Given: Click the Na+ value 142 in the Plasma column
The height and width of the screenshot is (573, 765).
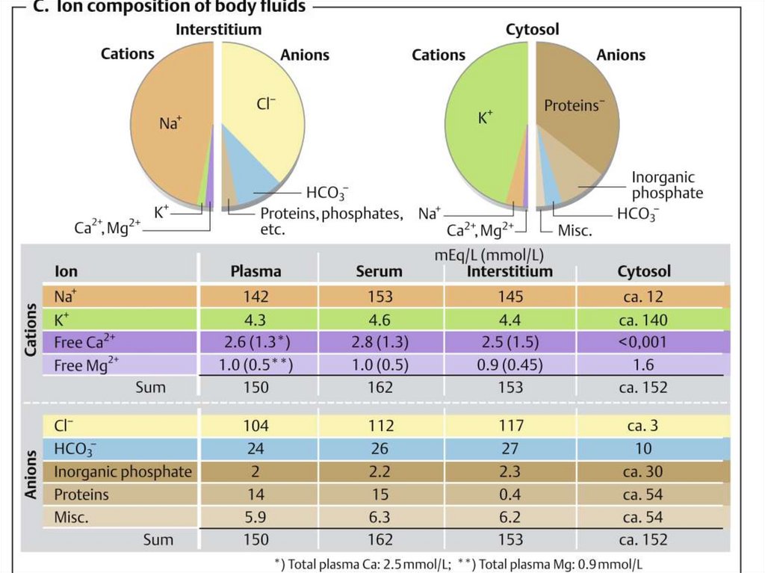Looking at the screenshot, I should (255, 297).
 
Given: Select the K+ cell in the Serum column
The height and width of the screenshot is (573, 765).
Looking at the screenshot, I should (380, 320).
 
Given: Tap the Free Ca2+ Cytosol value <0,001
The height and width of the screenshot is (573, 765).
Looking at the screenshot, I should (643, 342).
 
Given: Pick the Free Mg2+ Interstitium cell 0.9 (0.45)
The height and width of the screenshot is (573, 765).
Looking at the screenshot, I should (510, 365).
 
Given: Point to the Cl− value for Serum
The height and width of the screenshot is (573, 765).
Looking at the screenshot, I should (380, 427).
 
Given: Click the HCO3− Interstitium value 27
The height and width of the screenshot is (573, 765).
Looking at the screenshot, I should (510, 449).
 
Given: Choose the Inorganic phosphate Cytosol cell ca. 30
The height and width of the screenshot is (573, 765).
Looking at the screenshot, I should (643, 472).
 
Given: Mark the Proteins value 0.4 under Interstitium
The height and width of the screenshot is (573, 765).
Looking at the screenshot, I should (510, 495).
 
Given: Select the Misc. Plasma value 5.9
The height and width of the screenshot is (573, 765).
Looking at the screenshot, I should (255, 517).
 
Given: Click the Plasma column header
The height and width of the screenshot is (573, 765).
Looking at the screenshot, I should (255, 271).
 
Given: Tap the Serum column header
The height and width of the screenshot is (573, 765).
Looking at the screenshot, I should (380, 271).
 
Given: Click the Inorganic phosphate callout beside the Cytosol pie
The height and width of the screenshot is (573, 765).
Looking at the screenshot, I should (667, 185).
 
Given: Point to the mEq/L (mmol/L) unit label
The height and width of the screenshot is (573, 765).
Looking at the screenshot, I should (489, 255).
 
